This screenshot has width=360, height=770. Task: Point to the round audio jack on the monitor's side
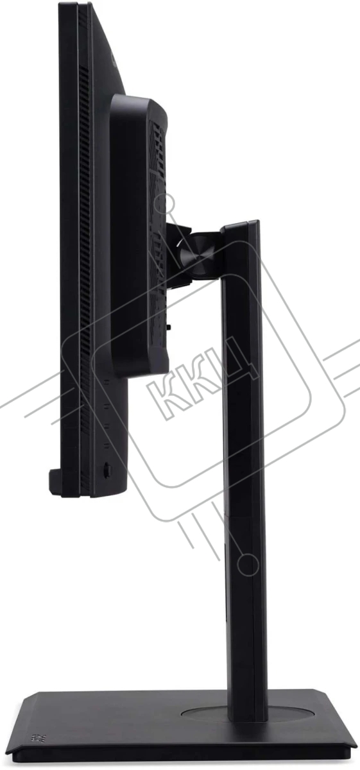[x=107, y=468]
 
